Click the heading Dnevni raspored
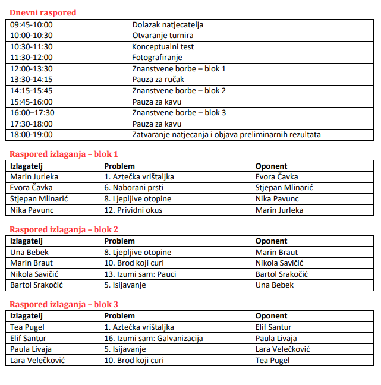[x=43, y=12]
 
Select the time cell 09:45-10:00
[x=32, y=25]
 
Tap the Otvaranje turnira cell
[x=162, y=36]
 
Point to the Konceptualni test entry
[x=163, y=46]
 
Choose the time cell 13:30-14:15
[x=32, y=80]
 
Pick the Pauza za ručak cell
[x=158, y=80]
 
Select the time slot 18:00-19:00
[x=32, y=135]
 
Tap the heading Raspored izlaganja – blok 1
[x=64, y=153]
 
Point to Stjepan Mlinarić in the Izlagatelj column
[x=39, y=198]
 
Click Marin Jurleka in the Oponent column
[x=279, y=210]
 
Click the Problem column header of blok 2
[x=119, y=241]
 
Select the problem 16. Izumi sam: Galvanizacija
[x=153, y=338]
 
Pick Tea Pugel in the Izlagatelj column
[x=27, y=327]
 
